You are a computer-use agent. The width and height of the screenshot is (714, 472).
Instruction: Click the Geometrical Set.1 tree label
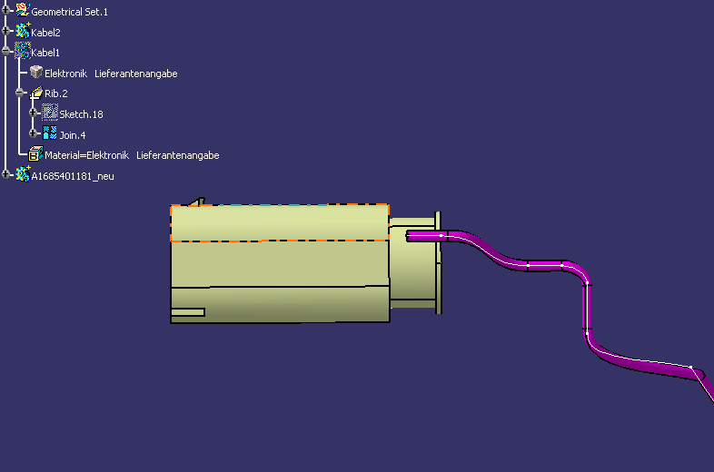69,12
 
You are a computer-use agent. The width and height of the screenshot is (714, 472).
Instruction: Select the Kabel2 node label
45,33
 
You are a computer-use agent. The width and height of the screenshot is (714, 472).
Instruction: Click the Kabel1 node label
45,53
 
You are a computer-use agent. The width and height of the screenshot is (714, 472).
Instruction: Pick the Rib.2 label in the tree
56,93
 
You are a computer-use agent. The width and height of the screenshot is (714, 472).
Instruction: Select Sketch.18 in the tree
81,114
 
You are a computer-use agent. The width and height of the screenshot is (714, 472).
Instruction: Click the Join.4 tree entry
73,135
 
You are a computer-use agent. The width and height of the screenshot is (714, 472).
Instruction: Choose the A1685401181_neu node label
73,176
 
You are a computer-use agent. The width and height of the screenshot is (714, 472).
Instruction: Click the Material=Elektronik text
86,155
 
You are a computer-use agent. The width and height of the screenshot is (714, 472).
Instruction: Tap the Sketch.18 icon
50,113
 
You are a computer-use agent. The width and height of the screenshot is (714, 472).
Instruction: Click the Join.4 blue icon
50,133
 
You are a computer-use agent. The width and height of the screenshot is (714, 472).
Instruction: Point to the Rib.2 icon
36,93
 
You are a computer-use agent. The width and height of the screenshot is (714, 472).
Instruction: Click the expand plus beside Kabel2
5,31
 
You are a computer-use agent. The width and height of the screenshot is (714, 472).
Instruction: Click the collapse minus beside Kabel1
5,52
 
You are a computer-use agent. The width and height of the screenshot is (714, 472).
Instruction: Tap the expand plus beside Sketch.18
33,113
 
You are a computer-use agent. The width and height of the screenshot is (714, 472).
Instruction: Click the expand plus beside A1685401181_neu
5,174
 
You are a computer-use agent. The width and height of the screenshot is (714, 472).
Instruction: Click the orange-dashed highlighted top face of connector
280,222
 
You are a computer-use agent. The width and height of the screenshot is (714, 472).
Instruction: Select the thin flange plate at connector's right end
438,262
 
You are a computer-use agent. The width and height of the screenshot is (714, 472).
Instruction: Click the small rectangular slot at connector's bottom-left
188,312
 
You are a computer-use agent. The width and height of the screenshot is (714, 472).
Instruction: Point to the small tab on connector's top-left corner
198,202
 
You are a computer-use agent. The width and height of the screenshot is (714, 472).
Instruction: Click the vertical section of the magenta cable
588,307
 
